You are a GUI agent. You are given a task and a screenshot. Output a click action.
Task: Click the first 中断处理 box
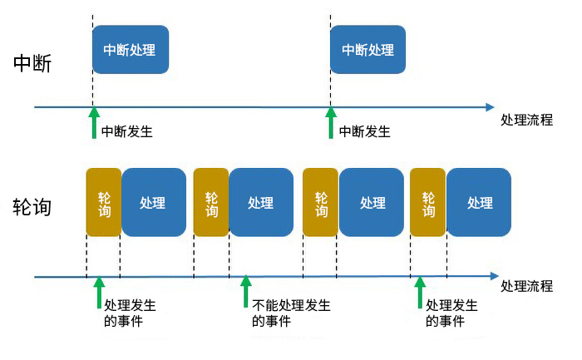click(x=130, y=50)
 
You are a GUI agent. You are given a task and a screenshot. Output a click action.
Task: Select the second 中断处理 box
click(x=367, y=50)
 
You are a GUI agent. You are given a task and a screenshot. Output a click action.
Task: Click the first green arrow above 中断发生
click(x=94, y=123)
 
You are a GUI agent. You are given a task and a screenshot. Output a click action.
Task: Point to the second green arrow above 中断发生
click(x=330, y=123)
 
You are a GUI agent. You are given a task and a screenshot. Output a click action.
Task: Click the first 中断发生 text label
click(x=127, y=131)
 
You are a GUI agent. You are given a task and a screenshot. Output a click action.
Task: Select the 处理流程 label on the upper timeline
click(x=527, y=120)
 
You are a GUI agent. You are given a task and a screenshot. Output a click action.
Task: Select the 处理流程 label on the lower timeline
click(x=527, y=287)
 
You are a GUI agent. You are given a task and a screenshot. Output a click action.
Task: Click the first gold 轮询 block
click(x=104, y=203)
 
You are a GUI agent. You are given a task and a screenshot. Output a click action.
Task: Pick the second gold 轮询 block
click(x=211, y=203)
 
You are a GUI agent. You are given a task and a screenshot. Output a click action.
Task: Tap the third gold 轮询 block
click(x=320, y=203)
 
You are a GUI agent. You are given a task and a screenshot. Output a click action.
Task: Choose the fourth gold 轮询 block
click(x=428, y=203)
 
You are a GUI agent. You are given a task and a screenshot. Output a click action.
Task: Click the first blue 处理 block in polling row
click(x=153, y=203)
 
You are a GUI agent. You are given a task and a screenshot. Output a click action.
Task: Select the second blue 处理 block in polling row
click(x=260, y=203)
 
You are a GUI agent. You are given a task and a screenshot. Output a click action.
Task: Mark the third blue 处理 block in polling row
click(x=372, y=203)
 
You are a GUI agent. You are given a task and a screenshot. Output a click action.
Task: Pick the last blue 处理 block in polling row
click(x=480, y=203)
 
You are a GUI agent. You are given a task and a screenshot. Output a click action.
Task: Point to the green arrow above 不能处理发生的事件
click(x=245, y=292)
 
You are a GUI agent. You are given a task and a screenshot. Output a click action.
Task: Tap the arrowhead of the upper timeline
click(x=490, y=107)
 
